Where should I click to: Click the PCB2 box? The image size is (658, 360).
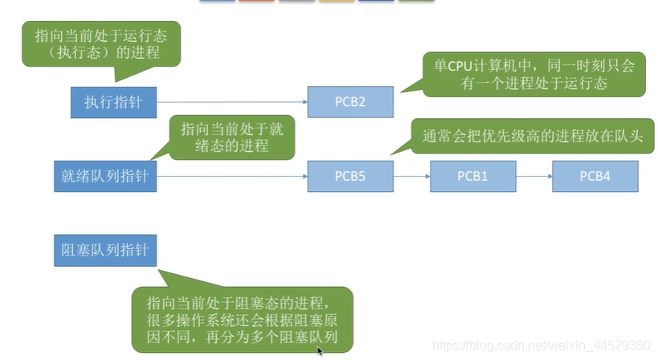(350, 102)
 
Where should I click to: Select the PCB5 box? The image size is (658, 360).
(350, 175)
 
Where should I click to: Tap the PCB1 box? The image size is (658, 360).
(472, 175)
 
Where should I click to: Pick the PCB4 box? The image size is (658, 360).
(595, 175)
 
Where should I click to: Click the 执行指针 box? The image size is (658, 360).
(113, 102)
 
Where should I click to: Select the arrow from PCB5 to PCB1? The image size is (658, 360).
(411, 175)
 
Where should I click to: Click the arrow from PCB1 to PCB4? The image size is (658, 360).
(533, 175)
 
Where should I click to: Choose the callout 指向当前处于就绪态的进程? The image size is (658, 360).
(231, 137)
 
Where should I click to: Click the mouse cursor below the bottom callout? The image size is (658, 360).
(320, 352)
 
